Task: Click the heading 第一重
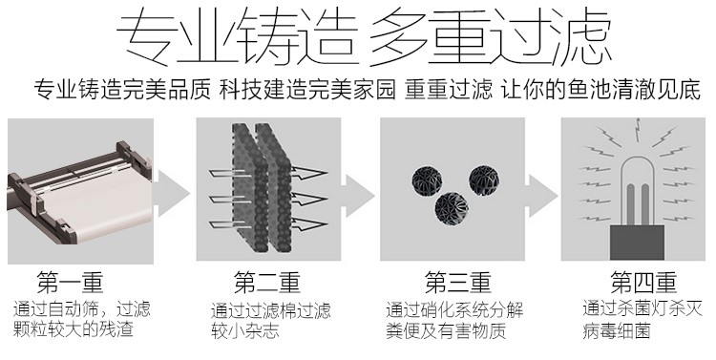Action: (x=71, y=283)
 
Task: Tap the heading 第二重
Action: (x=267, y=283)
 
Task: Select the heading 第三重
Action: (x=458, y=283)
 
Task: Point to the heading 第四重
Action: (x=643, y=283)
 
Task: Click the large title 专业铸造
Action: (x=236, y=39)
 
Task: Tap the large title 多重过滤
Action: (x=491, y=39)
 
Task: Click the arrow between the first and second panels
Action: (x=171, y=193)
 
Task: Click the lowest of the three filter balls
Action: (x=452, y=208)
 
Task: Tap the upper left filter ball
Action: (x=427, y=180)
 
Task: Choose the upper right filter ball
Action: (x=484, y=180)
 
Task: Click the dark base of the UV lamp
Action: (x=637, y=243)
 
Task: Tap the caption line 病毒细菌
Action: (x=617, y=330)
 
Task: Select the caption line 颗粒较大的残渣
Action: (x=74, y=329)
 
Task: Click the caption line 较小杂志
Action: (x=245, y=330)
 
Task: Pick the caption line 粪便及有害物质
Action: (x=446, y=330)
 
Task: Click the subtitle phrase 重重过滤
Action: (x=449, y=90)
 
